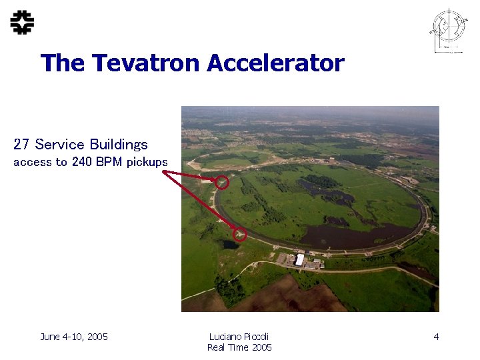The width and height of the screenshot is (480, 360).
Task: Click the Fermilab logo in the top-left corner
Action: pos(22,23)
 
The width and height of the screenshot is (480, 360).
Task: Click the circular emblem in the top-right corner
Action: pos(449,29)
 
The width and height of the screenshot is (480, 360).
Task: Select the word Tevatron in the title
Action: pos(147,63)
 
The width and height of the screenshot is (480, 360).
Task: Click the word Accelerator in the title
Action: pos(275,63)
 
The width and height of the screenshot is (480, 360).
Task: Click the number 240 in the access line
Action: pos(82,162)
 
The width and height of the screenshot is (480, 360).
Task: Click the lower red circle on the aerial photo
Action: pos(241,234)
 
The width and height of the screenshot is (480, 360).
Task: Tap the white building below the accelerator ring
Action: pos(300,259)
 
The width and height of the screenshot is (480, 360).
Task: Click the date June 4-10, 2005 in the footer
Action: pos(74,337)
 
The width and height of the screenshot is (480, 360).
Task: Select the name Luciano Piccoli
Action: pos(239,337)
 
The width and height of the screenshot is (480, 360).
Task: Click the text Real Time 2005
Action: pos(239,347)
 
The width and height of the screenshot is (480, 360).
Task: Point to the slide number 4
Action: pos(436,337)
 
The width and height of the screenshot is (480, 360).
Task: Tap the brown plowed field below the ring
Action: pos(280,297)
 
